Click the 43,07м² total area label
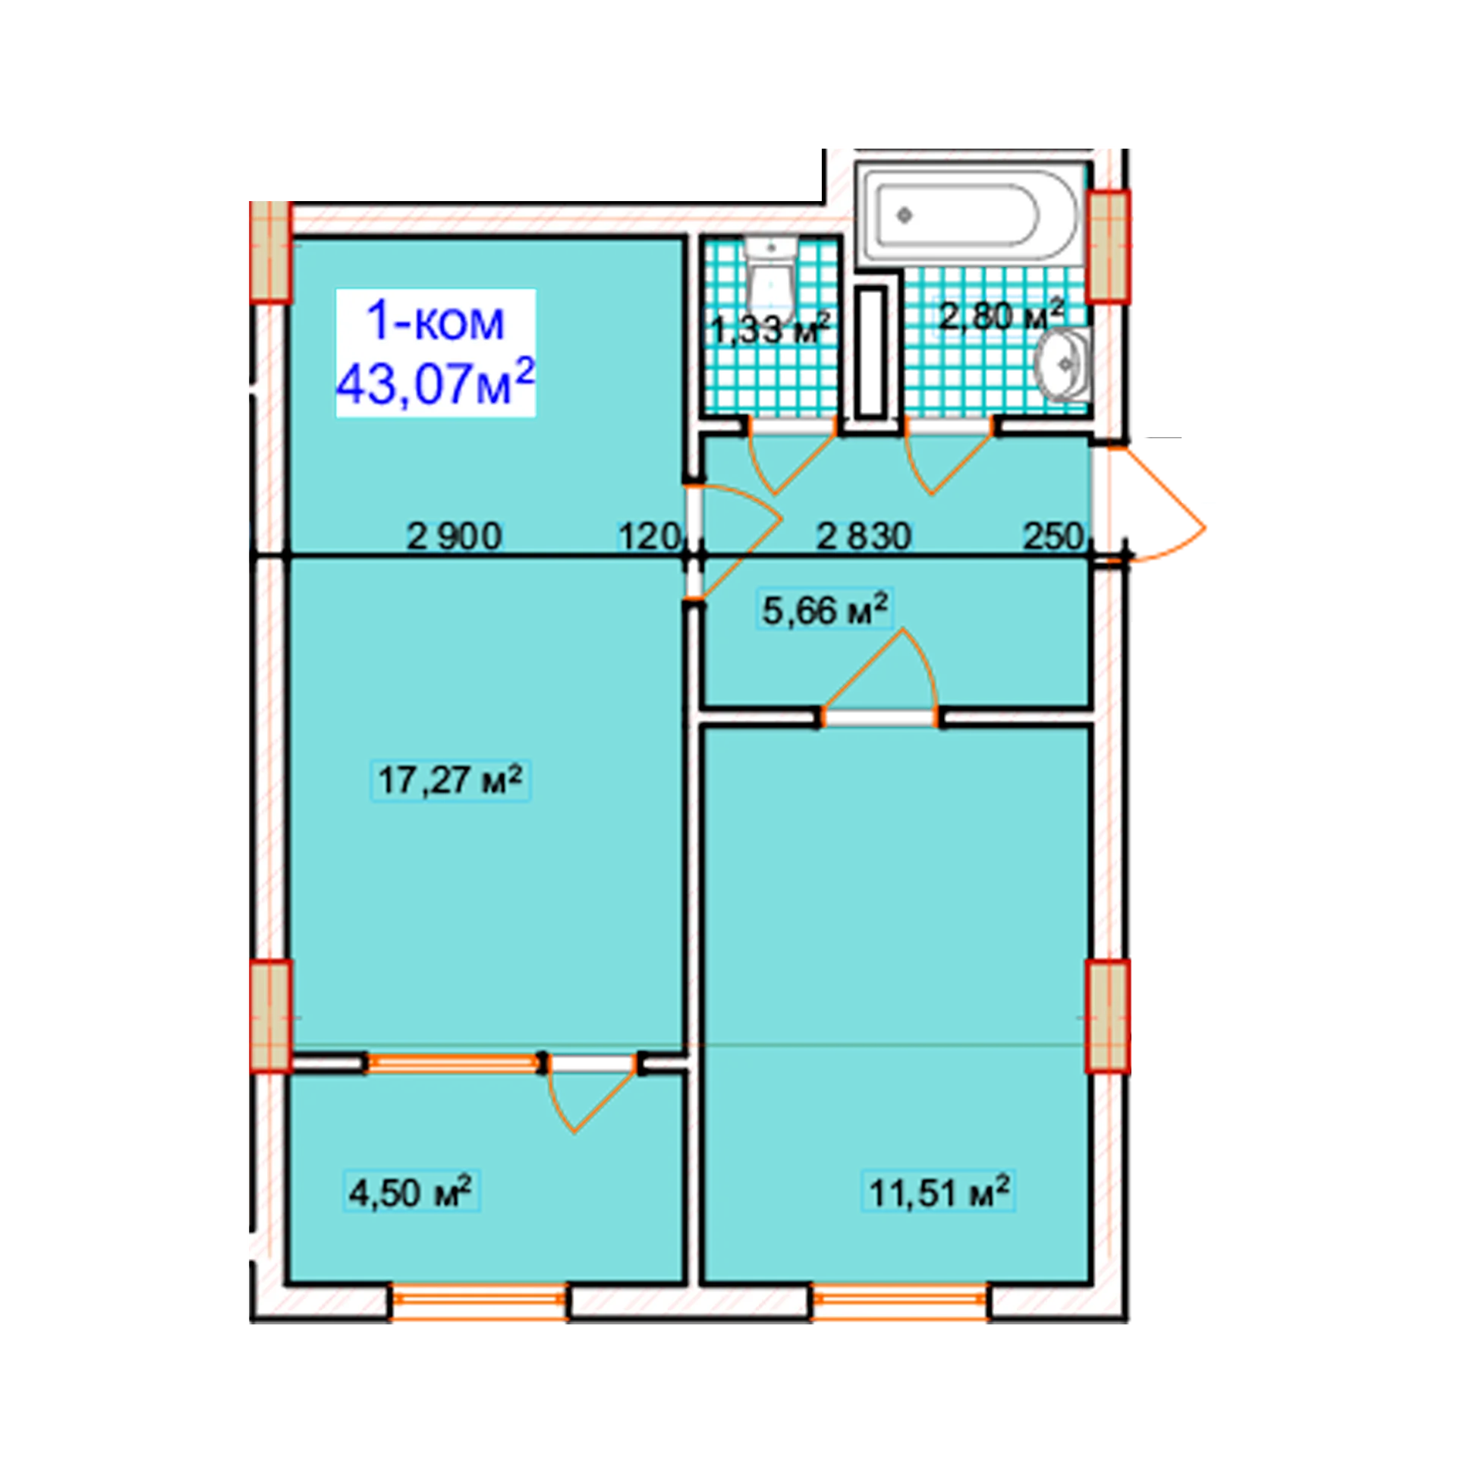[x=436, y=384]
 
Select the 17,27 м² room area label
[x=451, y=779]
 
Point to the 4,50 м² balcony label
[x=410, y=1192]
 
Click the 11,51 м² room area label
[x=939, y=1192]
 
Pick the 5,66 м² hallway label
[x=825, y=610]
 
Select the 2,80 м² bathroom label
[x=1001, y=315]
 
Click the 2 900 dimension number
[x=455, y=537]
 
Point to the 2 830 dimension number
[x=864, y=537]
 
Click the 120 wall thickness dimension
[x=649, y=537]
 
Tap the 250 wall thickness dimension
[x=1053, y=537]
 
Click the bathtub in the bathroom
[x=971, y=216]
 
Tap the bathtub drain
[x=904, y=216]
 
